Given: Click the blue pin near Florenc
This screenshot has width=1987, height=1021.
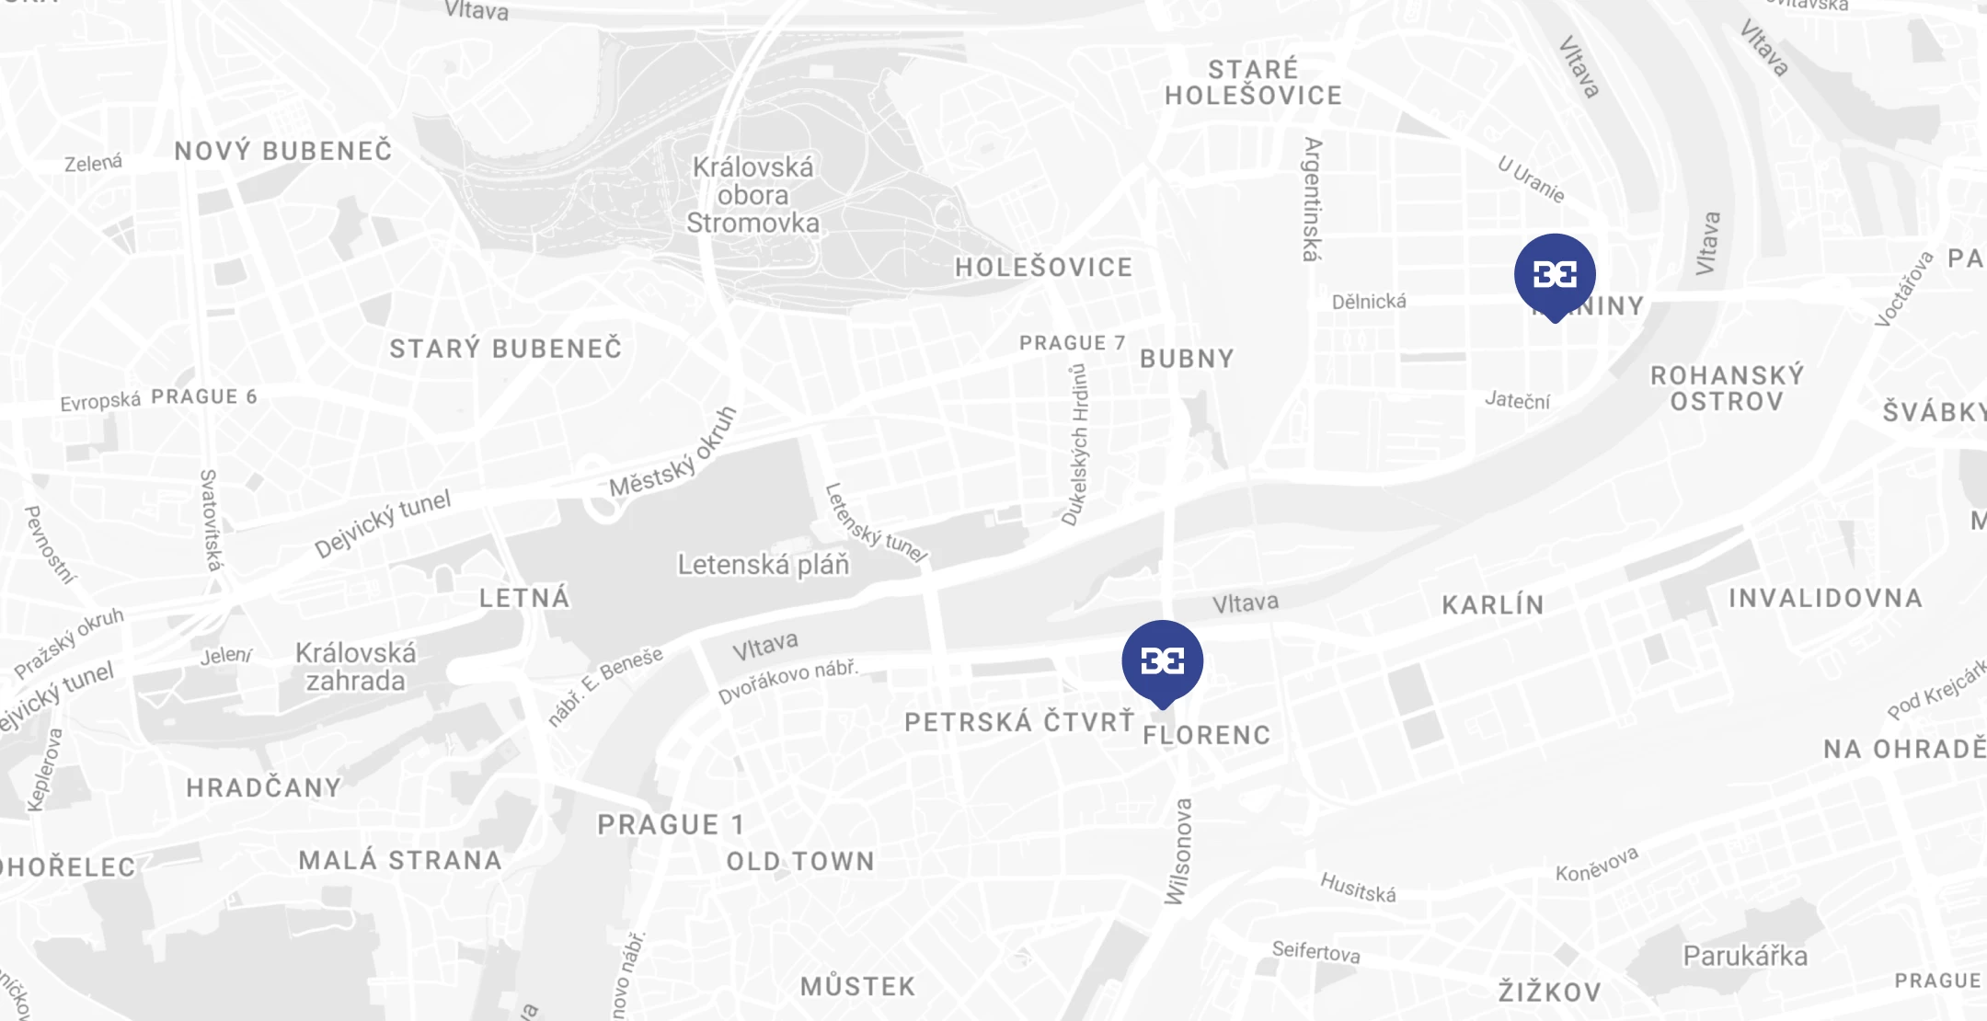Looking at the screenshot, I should (1162, 661).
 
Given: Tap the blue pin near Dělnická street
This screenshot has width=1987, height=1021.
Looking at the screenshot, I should (1555, 274).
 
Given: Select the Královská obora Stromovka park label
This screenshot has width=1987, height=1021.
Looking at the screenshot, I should (753, 195).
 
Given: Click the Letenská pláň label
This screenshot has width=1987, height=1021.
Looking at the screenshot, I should (764, 565).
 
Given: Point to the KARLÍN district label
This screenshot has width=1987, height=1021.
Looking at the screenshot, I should (1493, 605).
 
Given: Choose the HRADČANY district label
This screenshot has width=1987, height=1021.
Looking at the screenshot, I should (264, 788).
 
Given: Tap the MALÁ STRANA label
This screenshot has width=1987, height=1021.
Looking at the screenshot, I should (400, 861).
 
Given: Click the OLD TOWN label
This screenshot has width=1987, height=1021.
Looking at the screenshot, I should (800, 862).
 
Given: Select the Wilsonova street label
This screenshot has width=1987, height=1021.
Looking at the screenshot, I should (1178, 852).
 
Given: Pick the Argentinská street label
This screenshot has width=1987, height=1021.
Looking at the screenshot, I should (1312, 200).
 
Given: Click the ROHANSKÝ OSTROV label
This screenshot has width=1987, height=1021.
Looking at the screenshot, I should (1727, 388).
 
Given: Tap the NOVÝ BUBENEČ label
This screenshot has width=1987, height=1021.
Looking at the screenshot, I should (283, 151).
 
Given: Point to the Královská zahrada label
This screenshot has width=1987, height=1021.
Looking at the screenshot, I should (356, 667).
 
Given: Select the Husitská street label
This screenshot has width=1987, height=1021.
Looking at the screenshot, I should (1358, 888).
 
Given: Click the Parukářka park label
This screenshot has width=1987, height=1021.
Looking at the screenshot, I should (1745, 957).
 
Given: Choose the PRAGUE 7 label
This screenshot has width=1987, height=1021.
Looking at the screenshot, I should (1072, 343).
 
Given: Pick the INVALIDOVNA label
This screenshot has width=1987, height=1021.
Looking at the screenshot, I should (1825, 599).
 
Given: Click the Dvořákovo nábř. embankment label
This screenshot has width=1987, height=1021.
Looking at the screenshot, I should (787, 681).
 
